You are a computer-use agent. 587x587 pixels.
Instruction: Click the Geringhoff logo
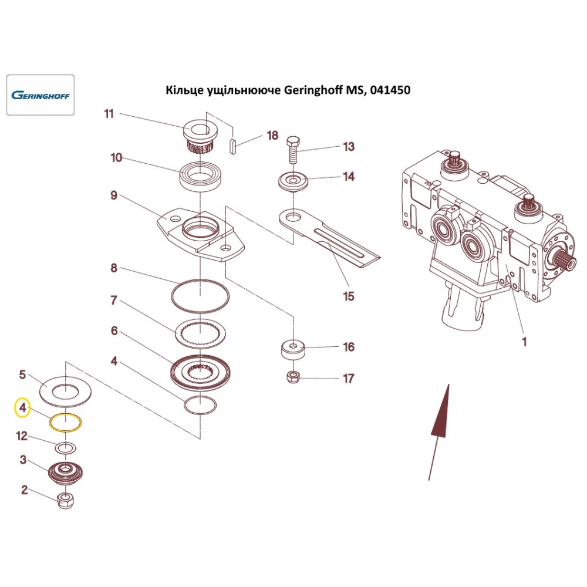pos(40,95)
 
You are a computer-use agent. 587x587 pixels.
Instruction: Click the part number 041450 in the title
pos(390,90)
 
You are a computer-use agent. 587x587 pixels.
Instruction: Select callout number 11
pos(109,114)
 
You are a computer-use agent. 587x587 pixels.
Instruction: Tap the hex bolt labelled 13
pos(293,150)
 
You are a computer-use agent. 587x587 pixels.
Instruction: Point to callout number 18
pos(272,136)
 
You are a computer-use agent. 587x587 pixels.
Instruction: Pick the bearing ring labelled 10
pos(200,176)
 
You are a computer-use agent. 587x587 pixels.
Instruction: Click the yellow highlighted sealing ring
pos(65,422)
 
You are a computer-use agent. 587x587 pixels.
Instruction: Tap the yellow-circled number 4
pos(22,407)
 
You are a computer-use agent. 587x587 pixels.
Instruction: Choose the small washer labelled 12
pos(65,448)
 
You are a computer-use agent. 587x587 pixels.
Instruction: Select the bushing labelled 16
pos(293,351)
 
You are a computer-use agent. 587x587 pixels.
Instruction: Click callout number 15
pos(349,296)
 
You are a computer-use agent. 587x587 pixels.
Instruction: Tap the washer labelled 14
pos(293,181)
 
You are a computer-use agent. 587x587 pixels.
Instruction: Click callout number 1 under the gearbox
pos(524,340)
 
